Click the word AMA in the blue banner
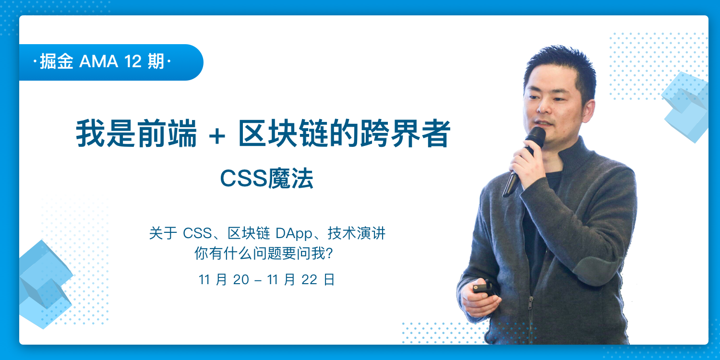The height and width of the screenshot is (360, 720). tap(99, 61)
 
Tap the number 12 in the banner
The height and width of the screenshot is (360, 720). tap(133, 61)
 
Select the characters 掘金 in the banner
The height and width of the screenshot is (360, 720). tap(57, 61)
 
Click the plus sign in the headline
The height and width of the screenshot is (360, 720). tap(217, 135)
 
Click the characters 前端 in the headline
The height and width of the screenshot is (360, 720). tap(167, 133)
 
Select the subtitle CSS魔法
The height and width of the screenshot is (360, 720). tap(266, 178)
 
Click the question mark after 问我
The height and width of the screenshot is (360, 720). tap(329, 253)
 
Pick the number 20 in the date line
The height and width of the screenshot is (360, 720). tap(241, 280)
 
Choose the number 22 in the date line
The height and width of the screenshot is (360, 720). tap(309, 280)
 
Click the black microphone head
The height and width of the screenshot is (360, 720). tap(535, 137)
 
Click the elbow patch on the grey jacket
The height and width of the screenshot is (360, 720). tap(595, 270)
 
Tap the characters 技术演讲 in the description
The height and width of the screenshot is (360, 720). tap(356, 233)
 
